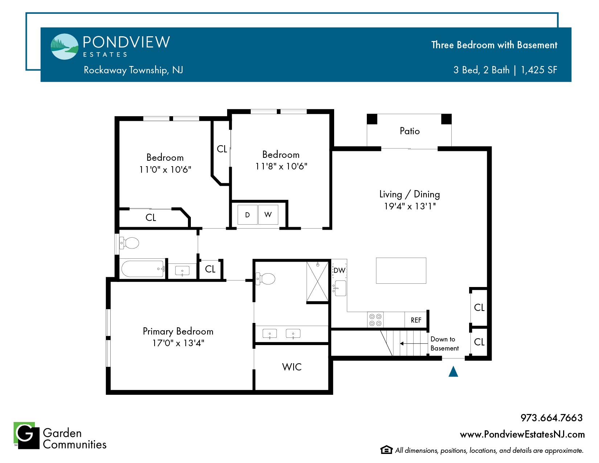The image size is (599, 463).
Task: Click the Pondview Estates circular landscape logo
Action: [65, 46]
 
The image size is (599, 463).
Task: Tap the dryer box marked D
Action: [247, 214]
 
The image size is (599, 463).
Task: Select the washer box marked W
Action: [268, 214]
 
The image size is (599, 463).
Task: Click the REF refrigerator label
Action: [416, 320]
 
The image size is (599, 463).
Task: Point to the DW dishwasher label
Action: [339, 270]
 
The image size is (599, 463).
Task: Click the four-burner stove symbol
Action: [375, 320]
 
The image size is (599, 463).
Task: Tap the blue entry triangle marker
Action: [453, 371]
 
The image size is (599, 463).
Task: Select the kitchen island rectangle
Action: [401, 271]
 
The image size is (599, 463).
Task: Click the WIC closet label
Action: [292, 367]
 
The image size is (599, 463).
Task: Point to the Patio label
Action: [410, 131]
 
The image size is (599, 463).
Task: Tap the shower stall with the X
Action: [317, 281]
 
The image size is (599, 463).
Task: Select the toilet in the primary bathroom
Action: [266, 279]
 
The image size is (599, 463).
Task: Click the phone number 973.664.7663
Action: [551, 418]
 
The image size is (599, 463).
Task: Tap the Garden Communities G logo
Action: [26, 435]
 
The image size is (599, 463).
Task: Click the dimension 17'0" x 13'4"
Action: [179, 343]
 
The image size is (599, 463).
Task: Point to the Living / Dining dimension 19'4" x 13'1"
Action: [410, 206]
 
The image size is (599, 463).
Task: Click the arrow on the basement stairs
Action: [414, 343]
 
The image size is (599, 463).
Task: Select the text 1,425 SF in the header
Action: [539, 70]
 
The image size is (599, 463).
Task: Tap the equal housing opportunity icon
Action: [386, 450]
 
